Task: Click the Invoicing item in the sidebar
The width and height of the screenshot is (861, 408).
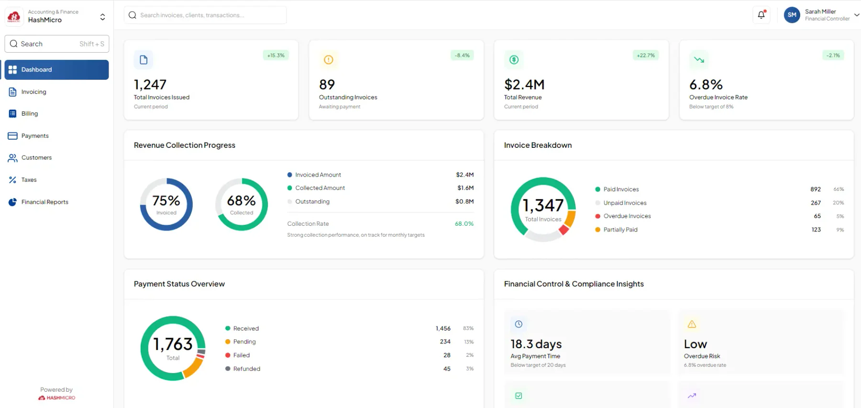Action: click(x=33, y=92)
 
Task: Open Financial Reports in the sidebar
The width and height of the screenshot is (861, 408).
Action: click(x=44, y=202)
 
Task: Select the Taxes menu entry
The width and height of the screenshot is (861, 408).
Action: click(x=29, y=180)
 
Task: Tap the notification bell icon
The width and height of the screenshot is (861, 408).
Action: click(x=761, y=15)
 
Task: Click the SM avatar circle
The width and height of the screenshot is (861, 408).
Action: click(x=792, y=15)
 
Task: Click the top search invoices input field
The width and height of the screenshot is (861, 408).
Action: click(x=205, y=15)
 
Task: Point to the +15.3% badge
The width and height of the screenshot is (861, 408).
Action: click(x=276, y=55)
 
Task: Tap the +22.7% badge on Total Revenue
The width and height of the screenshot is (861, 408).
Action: click(x=646, y=55)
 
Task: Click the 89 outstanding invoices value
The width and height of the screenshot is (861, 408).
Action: click(x=327, y=85)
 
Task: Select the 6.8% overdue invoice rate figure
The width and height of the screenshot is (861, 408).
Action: click(x=706, y=85)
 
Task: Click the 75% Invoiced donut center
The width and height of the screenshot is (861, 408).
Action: click(x=166, y=204)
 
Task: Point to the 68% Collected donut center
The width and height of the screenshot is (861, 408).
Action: click(x=242, y=204)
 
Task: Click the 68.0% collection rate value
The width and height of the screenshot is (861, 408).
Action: click(x=464, y=224)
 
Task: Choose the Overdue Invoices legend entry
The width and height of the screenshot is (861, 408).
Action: click(x=623, y=216)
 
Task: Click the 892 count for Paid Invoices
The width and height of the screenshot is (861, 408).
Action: click(x=816, y=189)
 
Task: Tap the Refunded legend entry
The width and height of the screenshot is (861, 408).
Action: click(x=243, y=369)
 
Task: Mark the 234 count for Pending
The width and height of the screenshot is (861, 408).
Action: click(x=445, y=342)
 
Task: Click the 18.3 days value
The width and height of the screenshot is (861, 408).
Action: click(x=536, y=344)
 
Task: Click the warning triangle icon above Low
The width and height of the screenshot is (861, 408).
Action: click(x=692, y=324)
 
